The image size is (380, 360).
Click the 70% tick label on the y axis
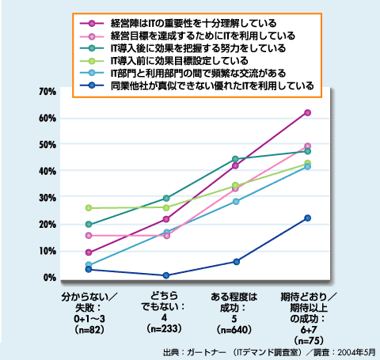(x=47, y=92)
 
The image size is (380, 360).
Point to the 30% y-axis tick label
(x=47, y=198)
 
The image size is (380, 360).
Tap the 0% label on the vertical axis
(x=50, y=278)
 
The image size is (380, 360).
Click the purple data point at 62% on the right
(x=307, y=113)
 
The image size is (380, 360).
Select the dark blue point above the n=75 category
(x=307, y=218)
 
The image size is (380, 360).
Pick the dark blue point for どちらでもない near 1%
(x=166, y=275)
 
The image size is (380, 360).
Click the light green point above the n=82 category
(x=89, y=208)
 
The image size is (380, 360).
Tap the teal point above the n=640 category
(x=235, y=159)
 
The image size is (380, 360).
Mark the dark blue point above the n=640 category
(x=237, y=262)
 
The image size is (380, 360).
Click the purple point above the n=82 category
(x=89, y=252)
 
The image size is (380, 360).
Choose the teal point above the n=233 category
(x=166, y=198)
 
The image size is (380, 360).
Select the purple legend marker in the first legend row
(x=92, y=24)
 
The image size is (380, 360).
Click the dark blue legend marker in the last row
(x=92, y=85)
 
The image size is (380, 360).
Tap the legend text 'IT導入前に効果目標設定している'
(x=180, y=61)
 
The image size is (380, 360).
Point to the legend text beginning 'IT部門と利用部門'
(x=198, y=74)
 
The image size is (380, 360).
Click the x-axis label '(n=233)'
(x=164, y=328)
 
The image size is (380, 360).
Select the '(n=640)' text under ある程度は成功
(x=234, y=330)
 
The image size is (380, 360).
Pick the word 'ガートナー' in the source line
(x=207, y=352)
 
